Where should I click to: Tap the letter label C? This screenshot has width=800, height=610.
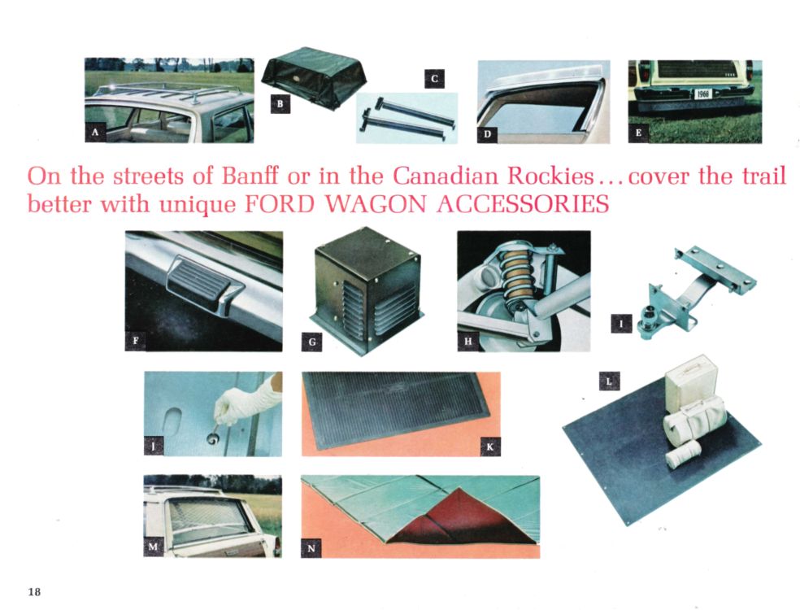tap(434, 79)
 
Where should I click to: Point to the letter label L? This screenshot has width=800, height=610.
tap(609, 379)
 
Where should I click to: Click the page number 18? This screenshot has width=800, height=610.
tap(33, 590)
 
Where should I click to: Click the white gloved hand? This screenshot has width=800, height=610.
tap(249, 402)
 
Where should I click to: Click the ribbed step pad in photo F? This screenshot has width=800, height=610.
tap(198, 284)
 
